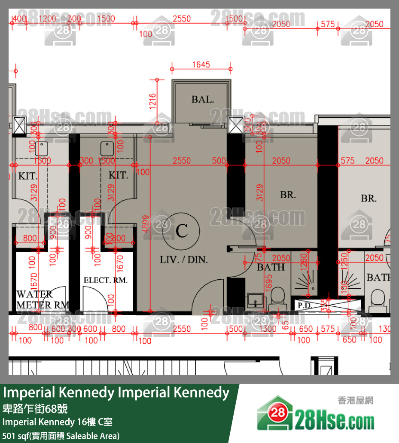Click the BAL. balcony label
pyautogui.click(x=202, y=100)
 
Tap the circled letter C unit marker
pyautogui.click(x=182, y=231)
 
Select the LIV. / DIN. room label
pyautogui.click(x=183, y=260)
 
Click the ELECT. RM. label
pyautogui.click(x=105, y=281)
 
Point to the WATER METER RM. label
pyautogui.click(x=40, y=299)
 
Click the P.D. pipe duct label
pyautogui.click(x=305, y=306)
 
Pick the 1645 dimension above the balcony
pyautogui.click(x=201, y=65)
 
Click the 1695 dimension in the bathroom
pyautogui.click(x=269, y=282)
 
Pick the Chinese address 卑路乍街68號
pyautogui.click(x=35, y=408)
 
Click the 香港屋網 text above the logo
pyautogui.click(x=356, y=400)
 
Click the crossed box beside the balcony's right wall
pyautogui.click(x=236, y=125)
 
